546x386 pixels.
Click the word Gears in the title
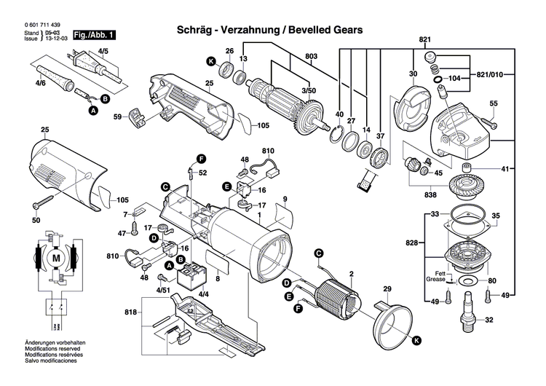point(341,31)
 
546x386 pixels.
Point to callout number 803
point(312,56)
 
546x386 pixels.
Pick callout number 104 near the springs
point(454,77)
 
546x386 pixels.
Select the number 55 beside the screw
point(493,104)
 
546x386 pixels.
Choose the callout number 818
point(130,312)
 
